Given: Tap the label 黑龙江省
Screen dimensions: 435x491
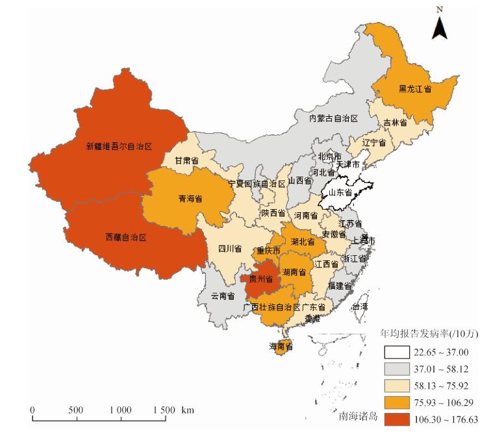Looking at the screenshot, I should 415,90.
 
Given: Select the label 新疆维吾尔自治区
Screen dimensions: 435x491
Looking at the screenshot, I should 118,147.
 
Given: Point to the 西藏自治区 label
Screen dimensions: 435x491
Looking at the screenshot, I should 126,238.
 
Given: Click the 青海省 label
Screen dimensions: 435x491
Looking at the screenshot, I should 190,199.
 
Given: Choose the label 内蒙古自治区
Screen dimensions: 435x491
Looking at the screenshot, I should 334,118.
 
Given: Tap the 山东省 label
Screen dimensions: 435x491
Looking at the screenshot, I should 340,193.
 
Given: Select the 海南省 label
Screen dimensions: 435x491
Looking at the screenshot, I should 282,347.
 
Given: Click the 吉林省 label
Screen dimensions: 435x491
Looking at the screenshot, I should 395,122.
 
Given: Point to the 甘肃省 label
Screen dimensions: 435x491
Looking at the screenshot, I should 186,160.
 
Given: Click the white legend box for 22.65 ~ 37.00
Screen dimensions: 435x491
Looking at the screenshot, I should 395,353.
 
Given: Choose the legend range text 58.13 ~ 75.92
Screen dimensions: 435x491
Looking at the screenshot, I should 442,386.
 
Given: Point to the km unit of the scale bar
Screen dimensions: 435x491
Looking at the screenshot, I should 188,410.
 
